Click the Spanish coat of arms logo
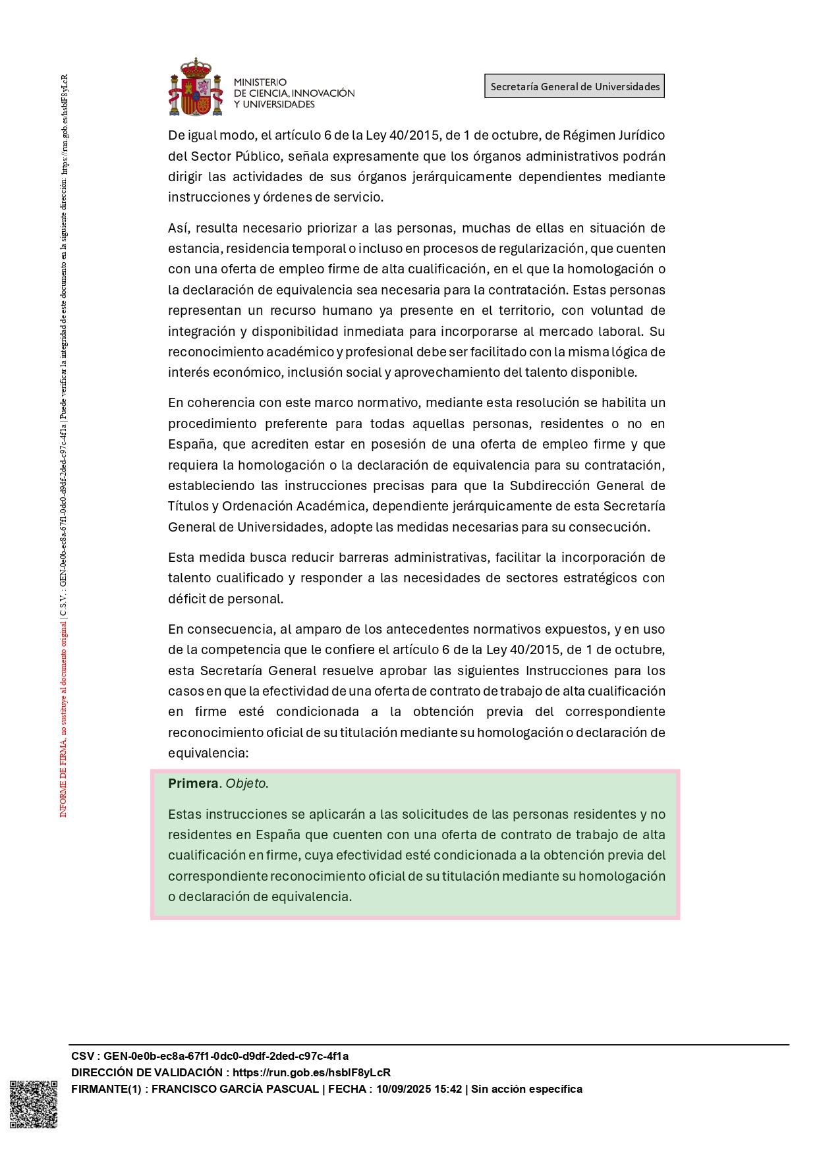coord(195,87)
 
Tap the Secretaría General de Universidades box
coord(575,86)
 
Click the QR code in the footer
coord(33,1104)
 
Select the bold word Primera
coord(193,783)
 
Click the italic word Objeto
coord(246,783)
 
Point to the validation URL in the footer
coord(311,1072)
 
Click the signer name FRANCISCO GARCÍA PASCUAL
coord(235,1089)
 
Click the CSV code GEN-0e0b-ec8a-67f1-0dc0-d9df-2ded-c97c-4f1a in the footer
coord(226,1056)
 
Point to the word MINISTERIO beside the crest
coord(260,82)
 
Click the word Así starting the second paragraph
coord(178,228)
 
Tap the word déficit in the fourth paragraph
coord(187,599)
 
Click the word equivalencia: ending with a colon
coord(208,753)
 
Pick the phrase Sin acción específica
coord(526,1089)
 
